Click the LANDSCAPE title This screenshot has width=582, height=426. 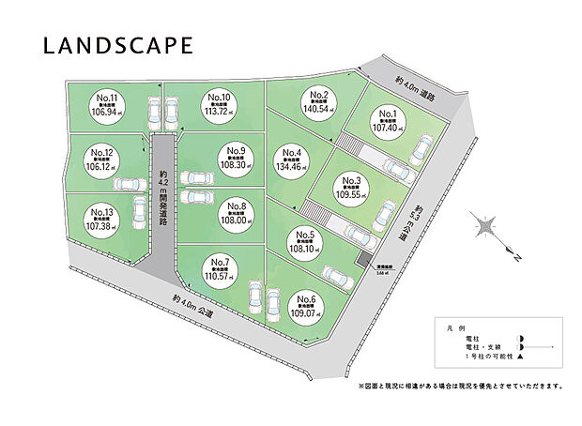[x=117, y=45]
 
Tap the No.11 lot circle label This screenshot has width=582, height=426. [x=109, y=110]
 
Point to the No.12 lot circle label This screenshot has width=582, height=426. [x=102, y=163]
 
